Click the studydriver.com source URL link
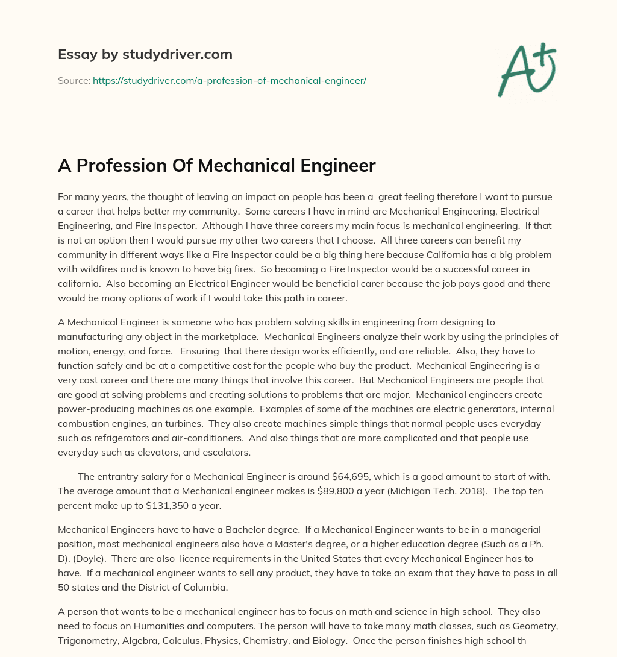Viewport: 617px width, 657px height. point(229,80)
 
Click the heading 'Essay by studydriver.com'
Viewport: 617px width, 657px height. point(145,54)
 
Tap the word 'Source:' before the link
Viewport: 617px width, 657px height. point(74,80)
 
